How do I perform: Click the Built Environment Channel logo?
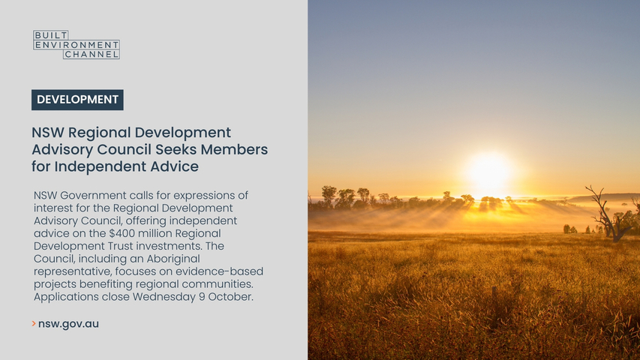coord(77,44)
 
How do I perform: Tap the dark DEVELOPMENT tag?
coord(77,100)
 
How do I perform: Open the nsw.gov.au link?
coord(68,324)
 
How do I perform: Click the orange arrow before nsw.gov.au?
coord(34,324)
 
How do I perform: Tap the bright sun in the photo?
coord(488,172)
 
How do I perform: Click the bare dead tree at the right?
coord(609,214)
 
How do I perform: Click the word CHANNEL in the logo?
coord(92,54)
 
